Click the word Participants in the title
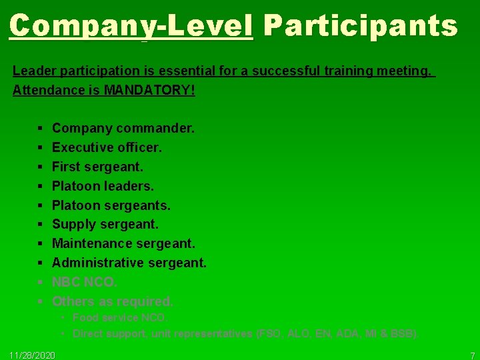coord(360,26)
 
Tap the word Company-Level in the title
coord(131,26)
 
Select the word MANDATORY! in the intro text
coord(150,90)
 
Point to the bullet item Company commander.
coord(123,127)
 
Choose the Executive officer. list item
coord(107,147)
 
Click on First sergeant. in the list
coord(97,166)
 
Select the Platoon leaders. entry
coord(103,185)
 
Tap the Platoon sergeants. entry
coord(111,205)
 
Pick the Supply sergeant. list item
coord(105,224)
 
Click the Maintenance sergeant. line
coord(123,243)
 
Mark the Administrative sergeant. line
coord(129,263)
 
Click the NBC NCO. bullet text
coord(84,282)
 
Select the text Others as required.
coord(113,301)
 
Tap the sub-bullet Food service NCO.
coord(120,318)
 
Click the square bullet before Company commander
coord(41,127)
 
